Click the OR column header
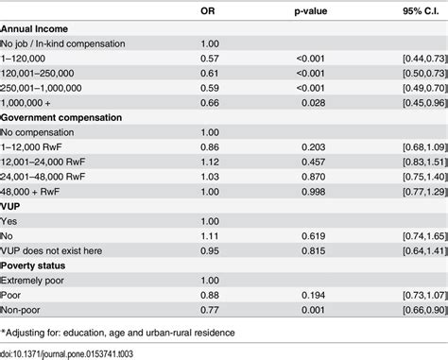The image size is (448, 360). pyautogui.click(x=208, y=11)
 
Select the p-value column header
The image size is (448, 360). pyautogui.click(x=311, y=11)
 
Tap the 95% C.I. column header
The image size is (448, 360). pyautogui.click(x=421, y=11)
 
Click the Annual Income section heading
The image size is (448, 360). pyautogui.click(x=34, y=29)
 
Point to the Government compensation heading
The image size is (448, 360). pyautogui.click(x=61, y=118)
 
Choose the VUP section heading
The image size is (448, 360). pyautogui.click(x=10, y=207)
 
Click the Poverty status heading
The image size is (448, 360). pyautogui.click(x=33, y=266)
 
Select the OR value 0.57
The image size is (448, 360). pyautogui.click(x=210, y=59)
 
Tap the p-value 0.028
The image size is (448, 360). pyautogui.click(x=313, y=103)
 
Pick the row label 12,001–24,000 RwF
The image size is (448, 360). pyautogui.click(x=43, y=163)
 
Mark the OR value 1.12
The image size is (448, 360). pyautogui.click(x=210, y=163)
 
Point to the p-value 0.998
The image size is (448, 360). pyautogui.click(x=313, y=192)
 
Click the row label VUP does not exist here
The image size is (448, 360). pyautogui.click(x=51, y=251)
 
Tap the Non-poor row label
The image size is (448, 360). pyautogui.click(x=20, y=310)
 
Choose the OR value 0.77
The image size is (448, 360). pyautogui.click(x=210, y=310)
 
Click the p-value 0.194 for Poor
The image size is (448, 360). pyautogui.click(x=313, y=296)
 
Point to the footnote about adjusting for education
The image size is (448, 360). pyautogui.click(x=117, y=333)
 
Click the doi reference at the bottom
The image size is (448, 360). pyautogui.click(x=66, y=354)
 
